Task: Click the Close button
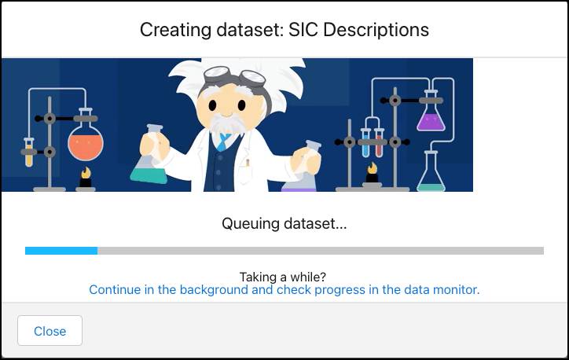point(50,331)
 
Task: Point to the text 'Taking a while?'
point(284,276)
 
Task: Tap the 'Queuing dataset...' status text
point(284,224)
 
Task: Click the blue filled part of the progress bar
point(61,251)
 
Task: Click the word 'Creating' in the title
point(172,30)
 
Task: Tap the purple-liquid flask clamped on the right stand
point(431,118)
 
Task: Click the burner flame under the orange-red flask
point(85,173)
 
